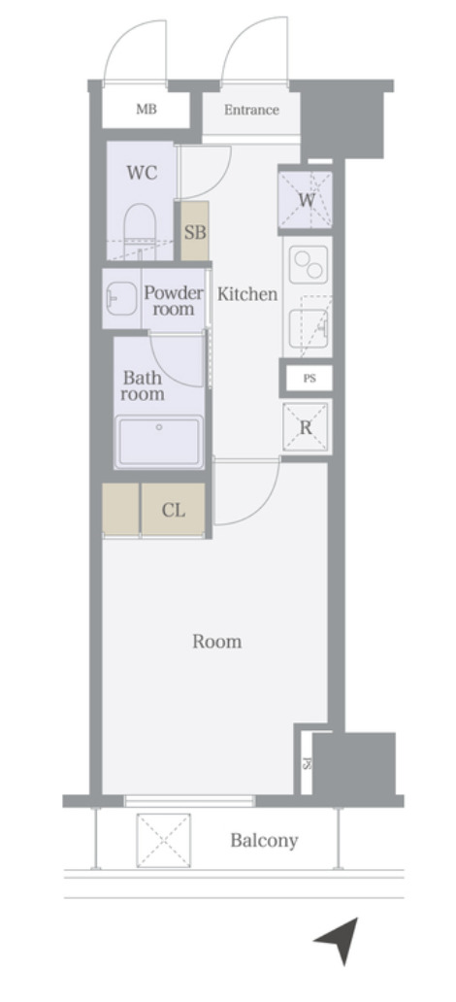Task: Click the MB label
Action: pos(147,110)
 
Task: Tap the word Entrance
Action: pos(251,110)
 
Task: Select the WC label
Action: pos(142,173)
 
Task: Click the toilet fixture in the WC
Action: pos(140,231)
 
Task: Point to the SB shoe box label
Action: pos(195,233)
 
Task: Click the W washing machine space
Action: pos(306,199)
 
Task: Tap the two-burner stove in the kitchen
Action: pos(308,264)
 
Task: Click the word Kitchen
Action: pos(247,294)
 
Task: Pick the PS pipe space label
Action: pos(309,379)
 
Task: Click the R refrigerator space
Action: pos(306,427)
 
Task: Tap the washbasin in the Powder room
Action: pos(120,298)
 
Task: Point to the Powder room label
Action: pos(173,301)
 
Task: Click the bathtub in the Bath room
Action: pos(159,441)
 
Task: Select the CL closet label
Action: pos(173,511)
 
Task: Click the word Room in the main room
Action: pos(217,642)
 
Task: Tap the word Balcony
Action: pos(265,841)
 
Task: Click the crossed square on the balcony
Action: pos(164,840)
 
